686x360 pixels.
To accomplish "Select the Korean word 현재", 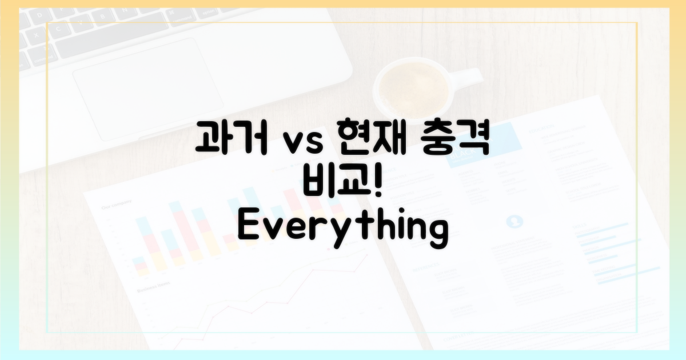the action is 372,137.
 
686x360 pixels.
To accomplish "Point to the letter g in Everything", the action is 437,233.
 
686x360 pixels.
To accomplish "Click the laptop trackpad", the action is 148,89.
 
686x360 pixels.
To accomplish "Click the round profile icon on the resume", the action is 514,221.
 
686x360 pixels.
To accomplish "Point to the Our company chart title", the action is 117,205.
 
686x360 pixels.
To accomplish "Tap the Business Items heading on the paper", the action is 153,287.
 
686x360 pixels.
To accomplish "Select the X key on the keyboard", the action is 36,35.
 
